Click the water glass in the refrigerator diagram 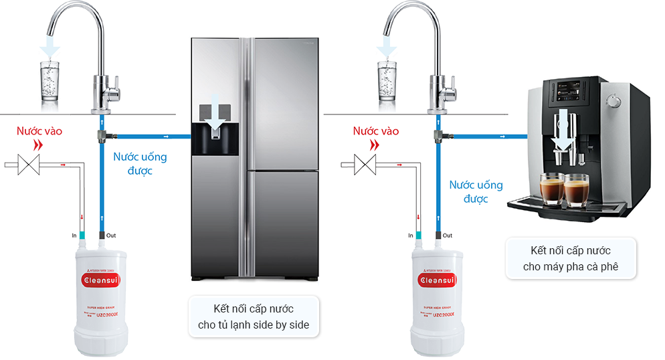[x=50, y=82]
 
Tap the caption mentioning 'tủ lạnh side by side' [x=254, y=317]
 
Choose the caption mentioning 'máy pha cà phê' [x=569, y=259]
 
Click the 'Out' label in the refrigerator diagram [x=110, y=235]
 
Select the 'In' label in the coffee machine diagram [x=410, y=236]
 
